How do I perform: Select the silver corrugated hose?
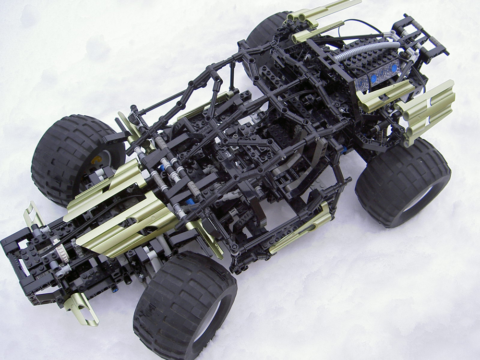click(365, 50)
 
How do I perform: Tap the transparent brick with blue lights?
click(377, 74)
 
